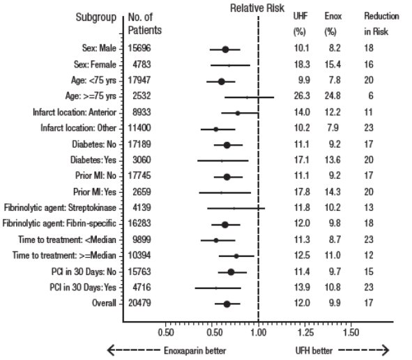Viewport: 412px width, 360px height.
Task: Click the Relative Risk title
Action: point(257,8)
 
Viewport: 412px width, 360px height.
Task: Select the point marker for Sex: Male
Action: point(225,49)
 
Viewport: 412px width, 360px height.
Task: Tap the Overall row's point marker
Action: point(227,304)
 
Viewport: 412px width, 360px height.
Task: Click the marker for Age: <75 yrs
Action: point(222,81)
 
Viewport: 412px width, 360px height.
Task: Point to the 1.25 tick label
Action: point(305,333)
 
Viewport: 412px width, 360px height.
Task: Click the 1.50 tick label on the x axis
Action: point(351,333)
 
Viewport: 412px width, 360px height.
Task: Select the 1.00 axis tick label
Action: point(259,333)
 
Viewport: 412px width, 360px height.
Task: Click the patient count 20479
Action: point(139,303)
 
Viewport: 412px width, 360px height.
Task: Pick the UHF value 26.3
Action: point(302,96)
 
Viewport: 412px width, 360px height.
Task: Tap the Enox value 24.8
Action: point(333,96)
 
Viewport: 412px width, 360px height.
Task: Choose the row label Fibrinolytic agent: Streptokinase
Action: point(60,208)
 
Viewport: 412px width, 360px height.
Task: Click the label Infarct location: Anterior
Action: point(75,112)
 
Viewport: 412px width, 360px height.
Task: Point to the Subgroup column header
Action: point(96,17)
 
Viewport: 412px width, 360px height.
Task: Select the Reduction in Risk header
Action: point(381,24)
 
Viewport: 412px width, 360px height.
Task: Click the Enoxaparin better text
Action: point(195,350)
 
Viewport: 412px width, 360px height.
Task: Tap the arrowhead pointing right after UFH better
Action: point(386,350)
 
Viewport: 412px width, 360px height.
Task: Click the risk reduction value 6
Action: point(370,96)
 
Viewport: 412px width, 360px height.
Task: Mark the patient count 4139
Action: point(142,208)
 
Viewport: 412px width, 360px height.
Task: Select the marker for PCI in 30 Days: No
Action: point(231,272)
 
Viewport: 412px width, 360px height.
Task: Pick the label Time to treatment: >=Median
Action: point(64,256)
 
